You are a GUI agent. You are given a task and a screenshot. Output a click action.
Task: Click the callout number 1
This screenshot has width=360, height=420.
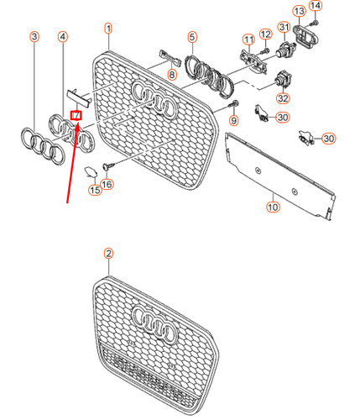(108, 29)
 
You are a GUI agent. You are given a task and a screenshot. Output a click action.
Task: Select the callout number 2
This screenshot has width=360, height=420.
(108, 254)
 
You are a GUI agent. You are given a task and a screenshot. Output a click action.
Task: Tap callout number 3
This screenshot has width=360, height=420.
(34, 36)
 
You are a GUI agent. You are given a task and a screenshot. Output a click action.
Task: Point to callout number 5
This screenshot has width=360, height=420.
(192, 37)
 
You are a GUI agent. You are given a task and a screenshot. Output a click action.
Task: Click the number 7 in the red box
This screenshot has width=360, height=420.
(76, 115)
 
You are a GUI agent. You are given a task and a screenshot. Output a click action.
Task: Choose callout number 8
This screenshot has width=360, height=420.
(172, 75)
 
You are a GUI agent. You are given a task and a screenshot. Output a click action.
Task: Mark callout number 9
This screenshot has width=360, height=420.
(234, 121)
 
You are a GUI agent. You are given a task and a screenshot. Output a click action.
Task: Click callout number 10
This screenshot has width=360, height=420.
(273, 207)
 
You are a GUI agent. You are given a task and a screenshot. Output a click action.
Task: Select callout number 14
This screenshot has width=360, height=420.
(316, 6)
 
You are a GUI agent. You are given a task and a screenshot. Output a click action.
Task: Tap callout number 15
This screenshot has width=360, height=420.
(95, 190)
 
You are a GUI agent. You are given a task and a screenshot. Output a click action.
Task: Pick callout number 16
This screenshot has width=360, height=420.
(107, 184)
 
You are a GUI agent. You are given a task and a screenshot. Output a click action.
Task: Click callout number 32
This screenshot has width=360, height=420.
(283, 98)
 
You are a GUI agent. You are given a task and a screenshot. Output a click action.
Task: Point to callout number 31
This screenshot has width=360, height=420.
(284, 27)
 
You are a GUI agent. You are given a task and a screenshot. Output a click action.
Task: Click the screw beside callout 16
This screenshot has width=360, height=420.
(109, 165)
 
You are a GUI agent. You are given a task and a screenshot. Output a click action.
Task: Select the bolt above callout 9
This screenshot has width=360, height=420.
(234, 104)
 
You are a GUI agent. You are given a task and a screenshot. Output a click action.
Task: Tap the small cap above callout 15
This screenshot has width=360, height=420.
(91, 172)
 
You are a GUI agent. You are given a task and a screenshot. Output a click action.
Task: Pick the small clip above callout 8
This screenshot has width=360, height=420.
(170, 58)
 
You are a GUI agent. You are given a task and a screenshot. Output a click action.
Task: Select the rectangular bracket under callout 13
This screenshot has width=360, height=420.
(305, 34)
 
